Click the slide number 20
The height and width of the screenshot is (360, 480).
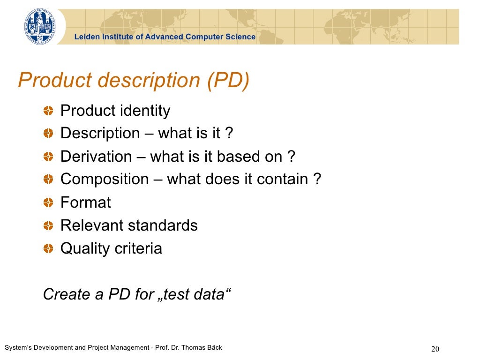(435, 349)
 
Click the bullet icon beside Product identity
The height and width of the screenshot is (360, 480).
(48, 111)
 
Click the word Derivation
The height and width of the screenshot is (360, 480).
(96, 157)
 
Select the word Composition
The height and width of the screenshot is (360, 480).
(105, 180)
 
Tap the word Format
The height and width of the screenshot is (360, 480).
(86, 202)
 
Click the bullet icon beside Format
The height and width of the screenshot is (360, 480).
(48, 202)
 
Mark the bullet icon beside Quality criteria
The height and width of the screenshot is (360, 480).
(48, 248)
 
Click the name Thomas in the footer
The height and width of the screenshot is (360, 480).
(194, 347)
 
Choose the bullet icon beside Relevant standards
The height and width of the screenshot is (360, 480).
(48, 225)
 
